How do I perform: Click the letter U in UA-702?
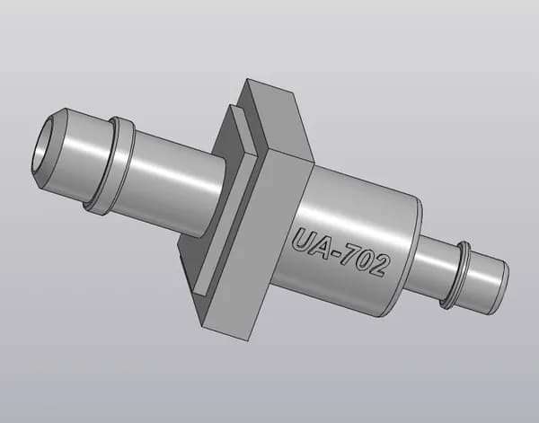[303, 240]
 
